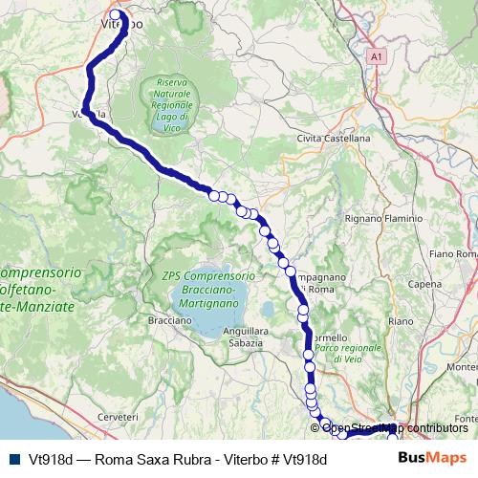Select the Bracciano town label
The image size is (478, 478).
point(170,320)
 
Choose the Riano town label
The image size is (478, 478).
point(400,320)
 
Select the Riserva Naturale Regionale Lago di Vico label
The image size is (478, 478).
point(174,102)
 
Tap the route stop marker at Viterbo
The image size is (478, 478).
point(116,15)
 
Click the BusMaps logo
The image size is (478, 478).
point(432,458)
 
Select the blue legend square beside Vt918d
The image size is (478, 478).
point(13,459)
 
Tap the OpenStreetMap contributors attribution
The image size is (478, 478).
point(395,428)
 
